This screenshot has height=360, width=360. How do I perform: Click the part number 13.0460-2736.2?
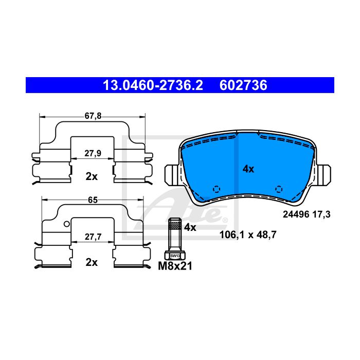click(153, 85)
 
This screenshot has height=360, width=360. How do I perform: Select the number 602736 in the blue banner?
click(243, 85)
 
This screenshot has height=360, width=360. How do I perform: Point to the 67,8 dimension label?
click(93, 116)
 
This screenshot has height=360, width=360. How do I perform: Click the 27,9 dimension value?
click(93, 153)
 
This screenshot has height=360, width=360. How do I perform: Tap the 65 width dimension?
click(93, 200)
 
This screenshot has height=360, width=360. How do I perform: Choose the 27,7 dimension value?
click(93, 237)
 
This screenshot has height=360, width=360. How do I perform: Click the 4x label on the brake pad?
click(248, 169)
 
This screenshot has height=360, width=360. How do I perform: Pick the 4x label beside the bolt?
click(190, 227)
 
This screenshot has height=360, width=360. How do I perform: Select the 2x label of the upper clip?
click(92, 176)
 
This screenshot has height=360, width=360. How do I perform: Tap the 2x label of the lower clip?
click(92, 262)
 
